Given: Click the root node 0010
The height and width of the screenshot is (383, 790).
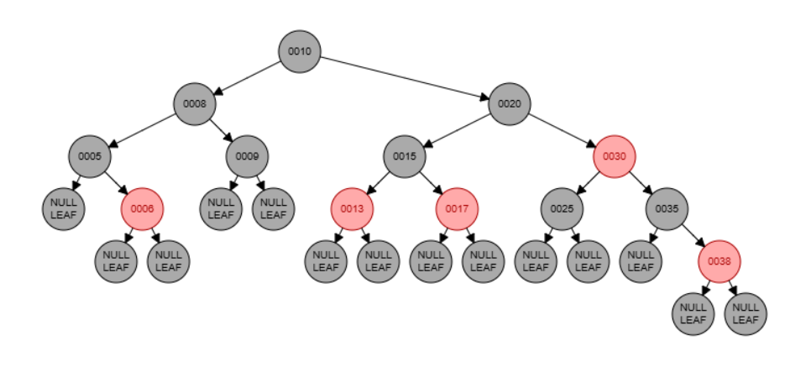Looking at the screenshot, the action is [x=300, y=51].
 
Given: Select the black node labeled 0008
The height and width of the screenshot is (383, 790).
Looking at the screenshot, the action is [x=195, y=104].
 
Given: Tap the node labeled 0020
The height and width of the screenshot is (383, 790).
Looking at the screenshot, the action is [x=510, y=104].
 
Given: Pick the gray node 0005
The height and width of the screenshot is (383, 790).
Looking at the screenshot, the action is [x=90, y=156].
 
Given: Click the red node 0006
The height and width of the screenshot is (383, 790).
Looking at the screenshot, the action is [x=142, y=208].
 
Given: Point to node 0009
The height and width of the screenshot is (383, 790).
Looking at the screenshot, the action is [x=247, y=156].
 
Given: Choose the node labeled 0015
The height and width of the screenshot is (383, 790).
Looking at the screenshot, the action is [x=405, y=156].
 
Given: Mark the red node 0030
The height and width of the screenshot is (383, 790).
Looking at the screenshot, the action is [x=615, y=156].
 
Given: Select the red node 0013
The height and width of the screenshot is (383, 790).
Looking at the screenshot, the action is [x=352, y=208].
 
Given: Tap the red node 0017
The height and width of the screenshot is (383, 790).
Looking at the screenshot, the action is [x=457, y=208].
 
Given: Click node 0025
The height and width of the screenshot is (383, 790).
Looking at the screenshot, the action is [x=562, y=208].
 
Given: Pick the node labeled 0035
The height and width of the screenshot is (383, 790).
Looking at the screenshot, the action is [x=667, y=208].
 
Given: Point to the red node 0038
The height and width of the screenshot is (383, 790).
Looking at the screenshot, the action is [x=719, y=261].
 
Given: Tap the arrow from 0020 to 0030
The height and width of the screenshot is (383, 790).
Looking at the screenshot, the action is [x=562, y=130].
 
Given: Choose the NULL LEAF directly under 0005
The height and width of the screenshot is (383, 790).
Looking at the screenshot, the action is [x=64, y=208].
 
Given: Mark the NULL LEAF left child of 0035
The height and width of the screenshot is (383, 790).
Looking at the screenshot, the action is [x=641, y=261].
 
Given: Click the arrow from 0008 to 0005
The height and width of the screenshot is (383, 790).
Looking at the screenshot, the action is [x=143, y=130].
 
